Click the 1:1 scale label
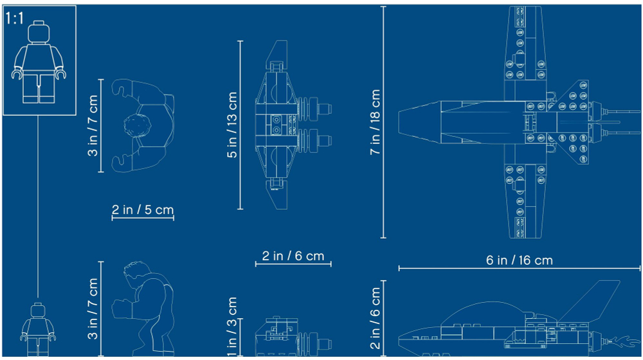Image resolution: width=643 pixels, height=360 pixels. point(15,19)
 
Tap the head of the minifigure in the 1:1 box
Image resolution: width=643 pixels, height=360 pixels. point(39,32)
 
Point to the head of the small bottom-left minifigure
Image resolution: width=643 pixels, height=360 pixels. point(38,310)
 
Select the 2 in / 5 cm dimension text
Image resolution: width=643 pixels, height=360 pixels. point(143,210)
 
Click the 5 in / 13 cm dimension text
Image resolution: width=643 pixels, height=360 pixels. point(232,125)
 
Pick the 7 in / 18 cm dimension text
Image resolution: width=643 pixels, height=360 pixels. point(375,122)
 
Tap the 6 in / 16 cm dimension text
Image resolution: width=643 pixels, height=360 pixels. point(519,260)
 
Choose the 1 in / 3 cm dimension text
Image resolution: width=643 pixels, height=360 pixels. point(232,327)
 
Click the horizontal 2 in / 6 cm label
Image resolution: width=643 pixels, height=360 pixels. point(293,256)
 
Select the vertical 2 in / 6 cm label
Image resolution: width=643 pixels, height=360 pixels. point(375,318)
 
